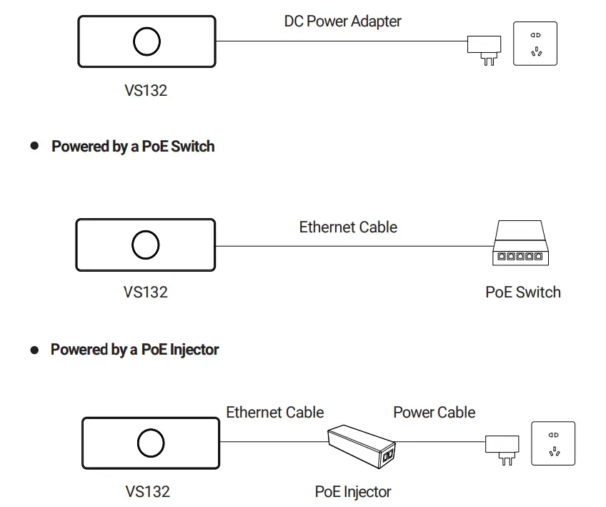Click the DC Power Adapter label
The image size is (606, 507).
click(342, 21)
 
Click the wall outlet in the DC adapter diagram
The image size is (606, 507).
click(535, 44)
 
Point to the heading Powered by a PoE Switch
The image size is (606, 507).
click(133, 147)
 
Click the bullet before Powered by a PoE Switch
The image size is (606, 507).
click(34, 146)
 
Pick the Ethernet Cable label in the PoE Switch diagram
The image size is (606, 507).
click(348, 227)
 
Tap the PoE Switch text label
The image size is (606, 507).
click(523, 292)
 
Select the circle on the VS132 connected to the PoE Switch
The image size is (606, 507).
click(145, 245)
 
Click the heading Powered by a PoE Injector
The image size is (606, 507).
click(134, 350)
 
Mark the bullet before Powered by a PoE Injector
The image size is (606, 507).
click(34, 350)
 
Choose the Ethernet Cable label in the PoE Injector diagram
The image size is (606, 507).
click(275, 413)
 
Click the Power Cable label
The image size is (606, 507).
click(434, 413)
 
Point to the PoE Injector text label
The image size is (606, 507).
click(353, 492)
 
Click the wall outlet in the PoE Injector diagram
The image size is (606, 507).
click(552, 443)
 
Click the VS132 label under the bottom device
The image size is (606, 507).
click(147, 492)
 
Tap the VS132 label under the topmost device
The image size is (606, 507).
click(145, 91)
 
